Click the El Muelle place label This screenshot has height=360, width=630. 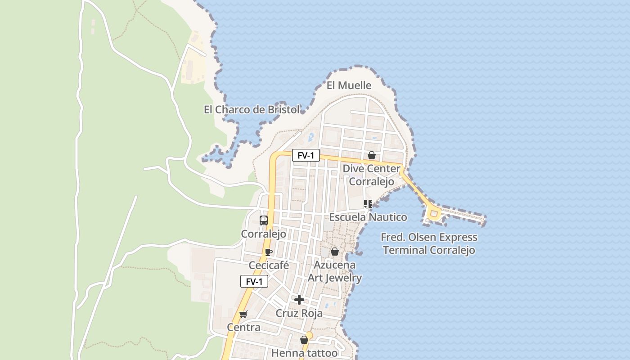point(349,85)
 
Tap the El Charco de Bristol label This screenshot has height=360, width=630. point(252,109)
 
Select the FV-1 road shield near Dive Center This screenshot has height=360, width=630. point(306,156)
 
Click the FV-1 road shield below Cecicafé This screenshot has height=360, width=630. point(254,282)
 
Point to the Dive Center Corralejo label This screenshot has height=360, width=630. point(371,175)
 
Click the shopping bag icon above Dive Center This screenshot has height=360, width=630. point(372,155)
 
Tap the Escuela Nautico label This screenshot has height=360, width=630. point(368,217)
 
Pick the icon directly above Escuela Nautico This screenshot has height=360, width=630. point(368,204)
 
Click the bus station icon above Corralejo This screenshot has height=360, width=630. point(264,220)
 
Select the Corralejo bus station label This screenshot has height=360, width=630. point(264,234)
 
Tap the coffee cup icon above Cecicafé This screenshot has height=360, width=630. point(269,252)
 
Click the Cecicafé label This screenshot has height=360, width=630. point(269,265)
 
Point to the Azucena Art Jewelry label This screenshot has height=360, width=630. point(335,271)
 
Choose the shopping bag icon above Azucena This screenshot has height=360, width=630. point(335,252)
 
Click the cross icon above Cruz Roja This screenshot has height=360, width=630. point(299,300)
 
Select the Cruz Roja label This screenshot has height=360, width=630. point(299,313)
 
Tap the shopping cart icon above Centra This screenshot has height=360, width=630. point(243,314)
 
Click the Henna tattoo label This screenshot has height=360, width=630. point(304,353)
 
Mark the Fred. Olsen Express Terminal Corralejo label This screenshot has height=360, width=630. point(429,243)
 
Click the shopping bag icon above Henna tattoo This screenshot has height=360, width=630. point(304,340)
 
